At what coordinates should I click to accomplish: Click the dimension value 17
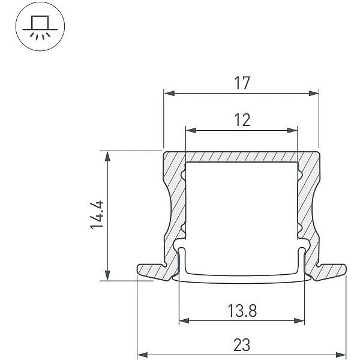pyautogui.click(x=242, y=83)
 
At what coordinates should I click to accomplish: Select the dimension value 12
pyautogui.click(x=242, y=120)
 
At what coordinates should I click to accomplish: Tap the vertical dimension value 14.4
pyautogui.click(x=97, y=215)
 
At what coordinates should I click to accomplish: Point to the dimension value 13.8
pyautogui.click(x=242, y=311)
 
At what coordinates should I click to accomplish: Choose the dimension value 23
pyautogui.click(x=242, y=345)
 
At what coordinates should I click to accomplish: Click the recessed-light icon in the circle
pyautogui.click(x=40, y=28)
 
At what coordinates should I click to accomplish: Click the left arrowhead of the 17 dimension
pyautogui.click(x=169, y=93)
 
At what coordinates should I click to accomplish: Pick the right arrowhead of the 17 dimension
pyautogui.click(x=314, y=93)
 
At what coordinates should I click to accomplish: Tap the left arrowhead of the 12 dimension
pyautogui.click(x=191, y=130)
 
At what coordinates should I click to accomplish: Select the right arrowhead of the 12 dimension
pyautogui.click(x=292, y=130)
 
